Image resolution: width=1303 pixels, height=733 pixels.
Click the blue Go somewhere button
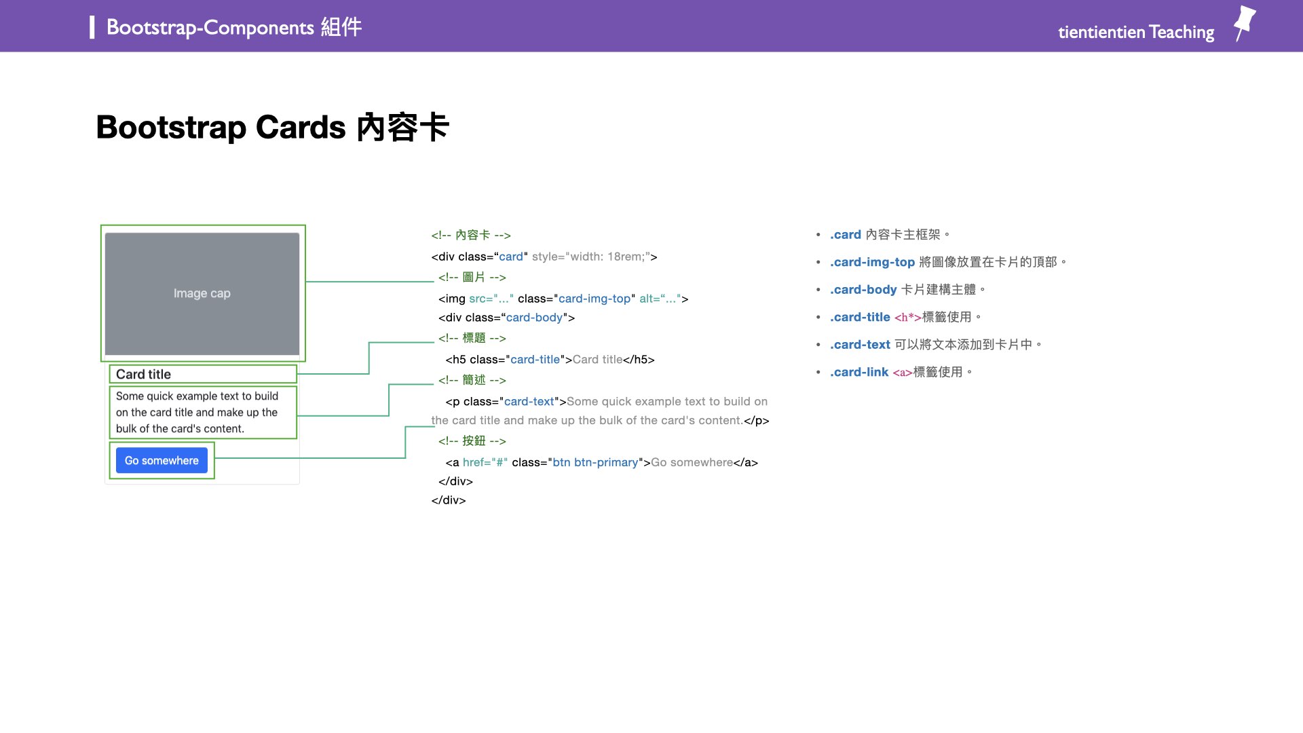click(162, 461)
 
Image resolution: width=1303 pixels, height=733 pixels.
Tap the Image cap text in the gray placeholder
click(202, 293)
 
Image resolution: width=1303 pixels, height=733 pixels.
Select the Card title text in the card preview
click(143, 375)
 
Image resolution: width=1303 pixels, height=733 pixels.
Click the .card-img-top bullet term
click(872, 262)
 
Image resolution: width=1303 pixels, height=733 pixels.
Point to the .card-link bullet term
click(858, 372)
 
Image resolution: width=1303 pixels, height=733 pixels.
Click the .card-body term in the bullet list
click(863, 290)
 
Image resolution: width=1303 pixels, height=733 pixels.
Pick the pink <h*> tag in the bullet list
click(907, 318)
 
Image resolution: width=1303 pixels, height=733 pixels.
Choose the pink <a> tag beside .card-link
click(903, 373)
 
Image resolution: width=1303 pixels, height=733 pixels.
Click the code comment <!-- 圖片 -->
click(472, 277)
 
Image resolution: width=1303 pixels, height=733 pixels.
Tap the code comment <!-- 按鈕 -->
click(472, 441)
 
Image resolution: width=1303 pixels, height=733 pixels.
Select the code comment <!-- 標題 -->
click(472, 338)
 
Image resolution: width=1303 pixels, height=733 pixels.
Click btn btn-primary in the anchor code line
click(595, 462)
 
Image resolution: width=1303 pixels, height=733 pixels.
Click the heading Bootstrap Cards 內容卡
click(272, 128)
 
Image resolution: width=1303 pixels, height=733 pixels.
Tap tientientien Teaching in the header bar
click(1135, 32)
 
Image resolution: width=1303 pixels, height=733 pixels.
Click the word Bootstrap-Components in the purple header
click(210, 27)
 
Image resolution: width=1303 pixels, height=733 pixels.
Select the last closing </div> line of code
click(448, 500)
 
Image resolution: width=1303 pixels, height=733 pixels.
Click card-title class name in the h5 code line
click(535, 360)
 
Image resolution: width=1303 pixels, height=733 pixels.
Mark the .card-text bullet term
click(860, 345)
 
